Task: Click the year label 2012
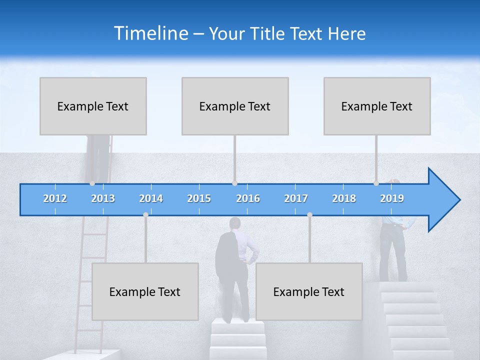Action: [x=55, y=198]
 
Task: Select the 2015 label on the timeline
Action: [x=199, y=198]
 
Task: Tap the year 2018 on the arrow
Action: [x=344, y=198]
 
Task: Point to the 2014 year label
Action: [x=151, y=198]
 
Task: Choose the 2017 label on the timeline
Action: [x=296, y=198]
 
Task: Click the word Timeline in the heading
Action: [x=150, y=33]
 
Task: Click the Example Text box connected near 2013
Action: [x=93, y=106]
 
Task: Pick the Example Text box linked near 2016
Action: [x=235, y=106]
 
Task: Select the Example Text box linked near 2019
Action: [x=377, y=106]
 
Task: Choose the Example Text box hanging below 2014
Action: [x=145, y=291]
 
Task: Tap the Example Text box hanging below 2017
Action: [x=309, y=291]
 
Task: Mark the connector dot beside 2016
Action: [x=234, y=183]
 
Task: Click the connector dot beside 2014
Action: [x=145, y=214]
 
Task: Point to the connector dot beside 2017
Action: [x=309, y=214]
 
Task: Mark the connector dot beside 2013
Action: [x=92, y=183]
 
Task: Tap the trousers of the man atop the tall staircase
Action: [x=393, y=255]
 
